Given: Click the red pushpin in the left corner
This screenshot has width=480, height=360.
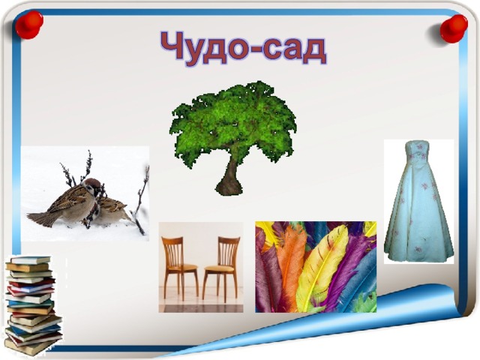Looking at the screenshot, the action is tap(29, 25).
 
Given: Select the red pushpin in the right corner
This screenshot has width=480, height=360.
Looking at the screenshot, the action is tap(453, 29).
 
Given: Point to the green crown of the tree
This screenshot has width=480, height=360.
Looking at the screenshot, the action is tap(233, 122).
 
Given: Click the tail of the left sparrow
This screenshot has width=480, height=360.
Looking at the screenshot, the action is tap(40, 218).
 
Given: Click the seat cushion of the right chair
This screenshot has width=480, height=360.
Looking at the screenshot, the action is tap(218, 269).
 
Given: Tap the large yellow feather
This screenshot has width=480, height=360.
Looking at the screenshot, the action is tap(322, 266).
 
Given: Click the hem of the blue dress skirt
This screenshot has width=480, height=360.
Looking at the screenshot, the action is tap(418, 256).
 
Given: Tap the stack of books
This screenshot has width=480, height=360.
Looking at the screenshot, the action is tap(33, 305).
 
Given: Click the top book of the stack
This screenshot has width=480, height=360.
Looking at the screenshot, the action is tap(30, 260).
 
